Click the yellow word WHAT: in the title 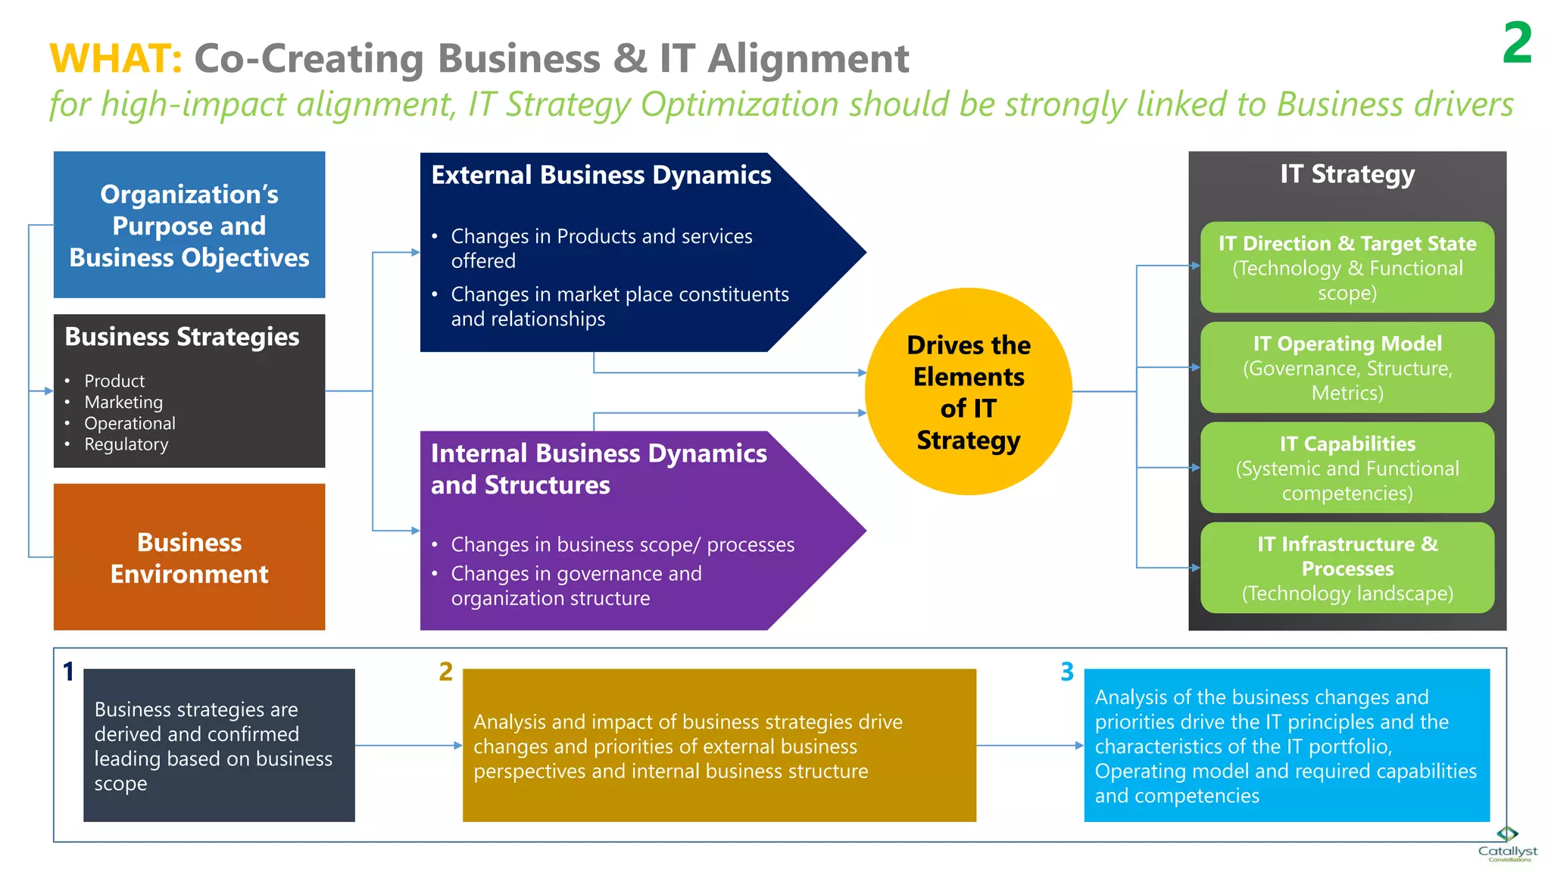click(x=115, y=59)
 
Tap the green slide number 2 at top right click(x=1517, y=43)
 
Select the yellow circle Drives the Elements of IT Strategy click(x=968, y=391)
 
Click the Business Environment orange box click(x=189, y=557)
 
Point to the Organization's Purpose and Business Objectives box click(x=189, y=225)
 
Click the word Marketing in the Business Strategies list click(x=123, y=402)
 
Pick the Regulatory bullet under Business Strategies click(x=126, y=444)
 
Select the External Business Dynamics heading click(x=601, y=175)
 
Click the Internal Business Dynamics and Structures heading click(x=598, y=469)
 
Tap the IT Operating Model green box click(x=1347, y=367)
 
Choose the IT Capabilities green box click(x=1347, y=468)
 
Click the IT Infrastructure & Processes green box click(x=1347, y=568)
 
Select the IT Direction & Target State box click(x=1347, y=267)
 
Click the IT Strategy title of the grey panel click(x=1347, y=174)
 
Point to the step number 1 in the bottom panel click(x=68, y=671)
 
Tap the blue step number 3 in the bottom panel click(x=1067, y=671)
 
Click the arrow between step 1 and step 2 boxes click(x=408, y=746)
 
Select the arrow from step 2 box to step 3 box click(x=1030, y=746)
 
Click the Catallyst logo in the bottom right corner click(x=1507, y=844)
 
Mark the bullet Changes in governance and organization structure click(x=576, y=586)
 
